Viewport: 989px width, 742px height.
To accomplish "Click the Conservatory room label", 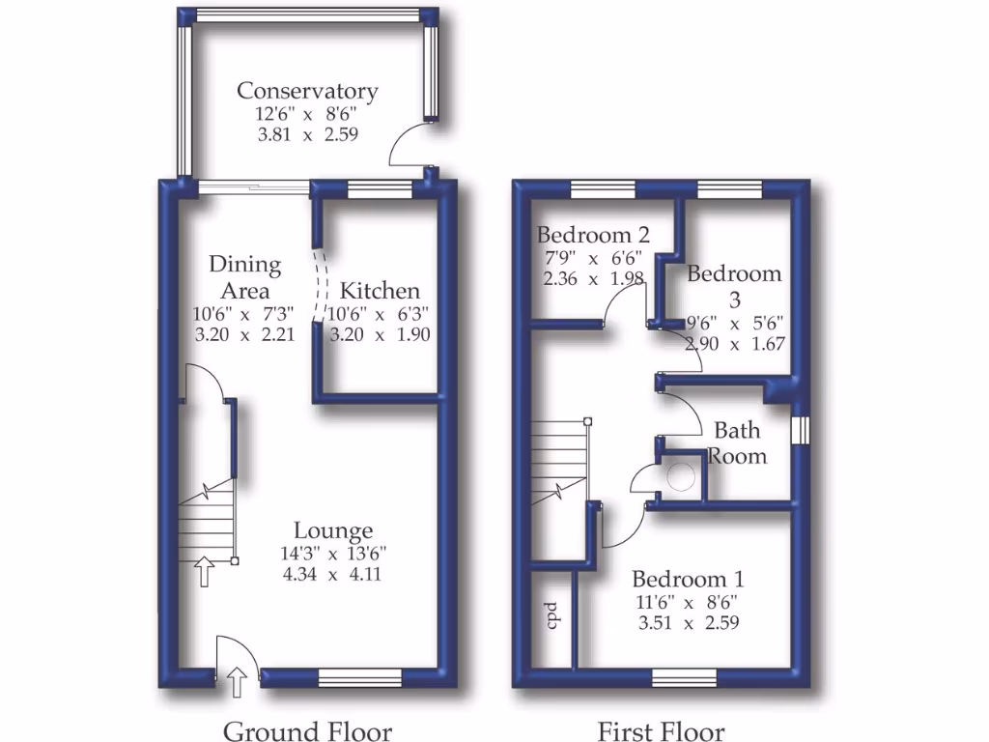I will click(x=307, y=91).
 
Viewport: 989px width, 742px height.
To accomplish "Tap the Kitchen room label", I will click(x=380, y=291).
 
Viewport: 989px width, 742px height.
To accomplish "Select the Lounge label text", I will click(x=333, y=530).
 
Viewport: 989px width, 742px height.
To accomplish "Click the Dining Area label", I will click(x=244, y=277).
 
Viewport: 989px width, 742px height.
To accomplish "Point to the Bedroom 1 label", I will click(x=688, y=580).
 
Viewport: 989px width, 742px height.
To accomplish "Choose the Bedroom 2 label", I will click(x=592, y=235).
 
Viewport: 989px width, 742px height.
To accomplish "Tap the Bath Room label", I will click(x=737, y=442).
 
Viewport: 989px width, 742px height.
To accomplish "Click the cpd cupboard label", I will click(x=553, y=614).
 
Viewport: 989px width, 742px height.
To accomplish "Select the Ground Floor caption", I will click(x=307, y=730).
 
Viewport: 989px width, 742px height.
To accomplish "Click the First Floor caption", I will click(x=661, y=730).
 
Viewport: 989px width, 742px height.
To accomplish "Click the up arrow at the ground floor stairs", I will click(x=204, y=571).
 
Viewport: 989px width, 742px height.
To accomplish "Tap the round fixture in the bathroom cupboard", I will click(x=683, y=475).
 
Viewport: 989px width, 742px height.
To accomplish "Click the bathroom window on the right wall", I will click(x=799, y=430).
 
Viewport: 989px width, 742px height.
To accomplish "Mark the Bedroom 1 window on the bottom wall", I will click(x=684, y=680).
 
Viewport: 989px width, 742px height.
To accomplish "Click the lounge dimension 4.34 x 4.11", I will click(x=333, y=572).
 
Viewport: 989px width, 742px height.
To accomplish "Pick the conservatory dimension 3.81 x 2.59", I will click(x=307, y=135).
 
